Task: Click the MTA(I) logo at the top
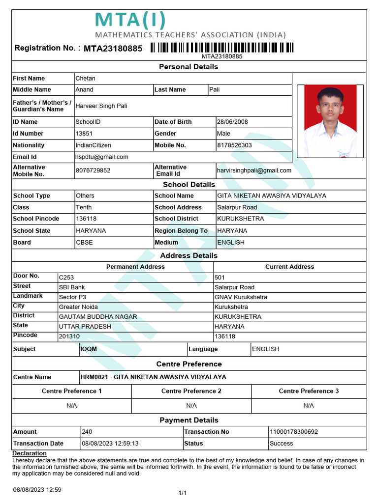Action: point(130,21)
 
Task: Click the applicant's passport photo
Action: point(330,121)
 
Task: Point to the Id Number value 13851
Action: point(84,134)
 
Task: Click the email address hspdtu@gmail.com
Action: point(102,157)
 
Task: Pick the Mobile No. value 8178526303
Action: point(234,145)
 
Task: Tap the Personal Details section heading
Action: point(189,67)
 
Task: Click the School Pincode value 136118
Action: point(86,219)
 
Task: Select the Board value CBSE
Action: point(84,242)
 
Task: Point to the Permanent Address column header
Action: point(135,267)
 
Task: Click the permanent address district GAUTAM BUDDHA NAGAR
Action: point(98,317)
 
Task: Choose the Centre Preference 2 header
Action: point(191,391)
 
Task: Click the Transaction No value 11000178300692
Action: point(294,432)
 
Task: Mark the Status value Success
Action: point(281,444)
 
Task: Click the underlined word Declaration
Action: point(30,453)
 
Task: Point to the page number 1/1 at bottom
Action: point(182,493)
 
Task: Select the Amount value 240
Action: point(87,432)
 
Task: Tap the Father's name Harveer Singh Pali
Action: point(101,106)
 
